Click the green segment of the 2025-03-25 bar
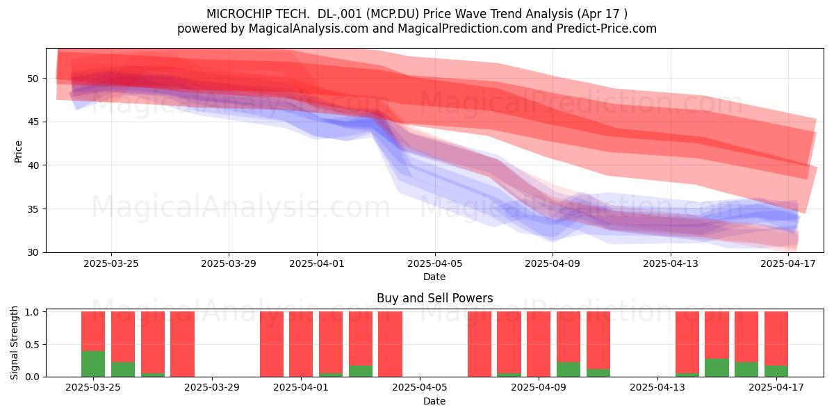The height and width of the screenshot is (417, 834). pos(93,363)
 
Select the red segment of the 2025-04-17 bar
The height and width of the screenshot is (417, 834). pos(776,338)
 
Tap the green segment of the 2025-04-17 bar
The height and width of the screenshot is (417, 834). pos(776,371)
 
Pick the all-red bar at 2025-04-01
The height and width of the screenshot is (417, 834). pos(301,344)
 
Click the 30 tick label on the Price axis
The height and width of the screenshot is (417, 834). pos(33,252)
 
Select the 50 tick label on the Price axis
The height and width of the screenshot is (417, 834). pos(33,78)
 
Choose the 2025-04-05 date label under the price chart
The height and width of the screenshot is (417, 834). pos(434,263)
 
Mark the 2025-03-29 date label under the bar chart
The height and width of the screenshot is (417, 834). pos(212,388)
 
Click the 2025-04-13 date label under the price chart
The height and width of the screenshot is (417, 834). pos(671,263)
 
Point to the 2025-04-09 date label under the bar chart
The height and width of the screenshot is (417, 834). pos(539,388)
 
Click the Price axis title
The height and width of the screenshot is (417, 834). pos(18,152)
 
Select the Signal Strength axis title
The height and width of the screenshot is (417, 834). pos(14,343)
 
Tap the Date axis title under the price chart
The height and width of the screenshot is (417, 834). pos(434,277)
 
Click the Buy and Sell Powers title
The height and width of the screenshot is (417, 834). pos(434,298)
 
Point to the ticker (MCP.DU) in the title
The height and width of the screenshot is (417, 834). pos(392,14)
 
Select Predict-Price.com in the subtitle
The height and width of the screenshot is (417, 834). pos(607,28)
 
